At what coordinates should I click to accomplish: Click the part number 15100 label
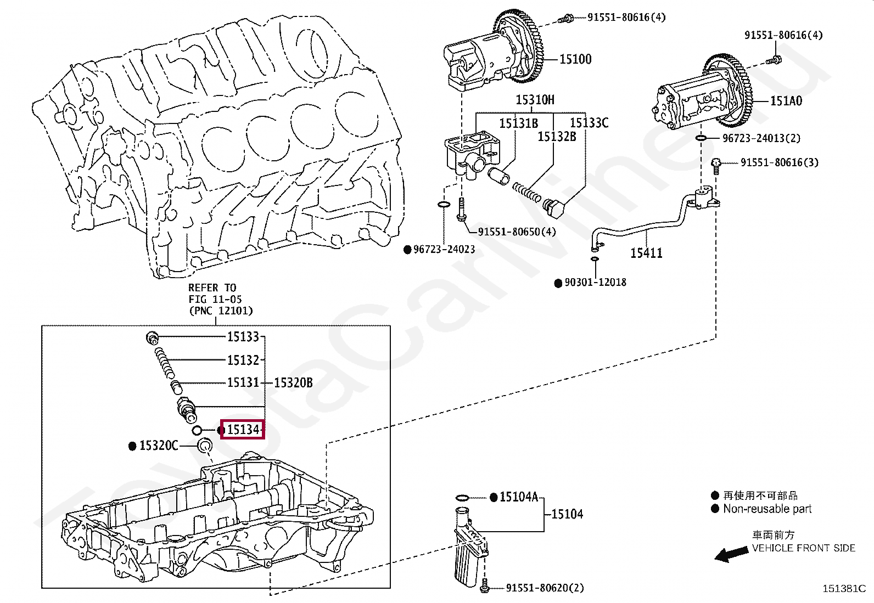point(575,59)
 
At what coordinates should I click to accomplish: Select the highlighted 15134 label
point(243,430)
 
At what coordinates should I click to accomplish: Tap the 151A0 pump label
point(786,101)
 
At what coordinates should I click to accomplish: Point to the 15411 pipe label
point(646,253)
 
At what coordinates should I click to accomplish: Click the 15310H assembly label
point(535,100)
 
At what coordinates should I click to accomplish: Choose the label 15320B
point(293,382)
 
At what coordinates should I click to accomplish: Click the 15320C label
point(159,446)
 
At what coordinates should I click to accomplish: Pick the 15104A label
point(519,497)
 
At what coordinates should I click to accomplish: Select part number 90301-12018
point(596,283)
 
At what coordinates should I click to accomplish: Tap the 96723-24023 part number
point(444,249)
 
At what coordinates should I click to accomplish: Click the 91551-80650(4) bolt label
point(517,232)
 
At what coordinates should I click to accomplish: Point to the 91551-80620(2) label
point(545,588)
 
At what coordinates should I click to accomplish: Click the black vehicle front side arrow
point(731,554)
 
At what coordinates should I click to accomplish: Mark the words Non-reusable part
point(767,509)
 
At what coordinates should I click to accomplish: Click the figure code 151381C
point(844,589)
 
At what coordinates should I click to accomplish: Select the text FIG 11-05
point(215,299)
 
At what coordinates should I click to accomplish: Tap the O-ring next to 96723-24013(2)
point(701,138)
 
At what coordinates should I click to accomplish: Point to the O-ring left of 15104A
point(462,498)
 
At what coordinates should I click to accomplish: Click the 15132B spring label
point(557,137)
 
